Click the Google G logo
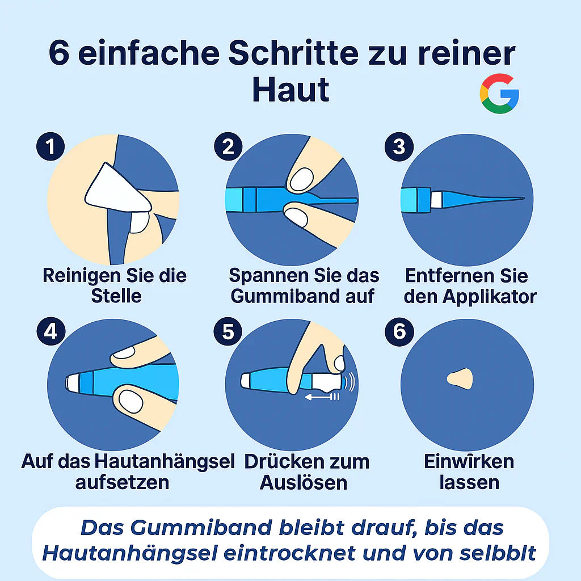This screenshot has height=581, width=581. point(499,94)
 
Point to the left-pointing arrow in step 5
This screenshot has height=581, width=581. point(321,397)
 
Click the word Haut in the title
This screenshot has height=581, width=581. point(290,90)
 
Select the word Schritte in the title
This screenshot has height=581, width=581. point(293,53)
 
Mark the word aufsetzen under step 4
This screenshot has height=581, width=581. point(122,482)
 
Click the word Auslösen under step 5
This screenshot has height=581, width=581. point(304,482)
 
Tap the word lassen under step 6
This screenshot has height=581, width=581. point(469,482)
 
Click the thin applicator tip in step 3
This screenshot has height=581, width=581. point(494,199)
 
